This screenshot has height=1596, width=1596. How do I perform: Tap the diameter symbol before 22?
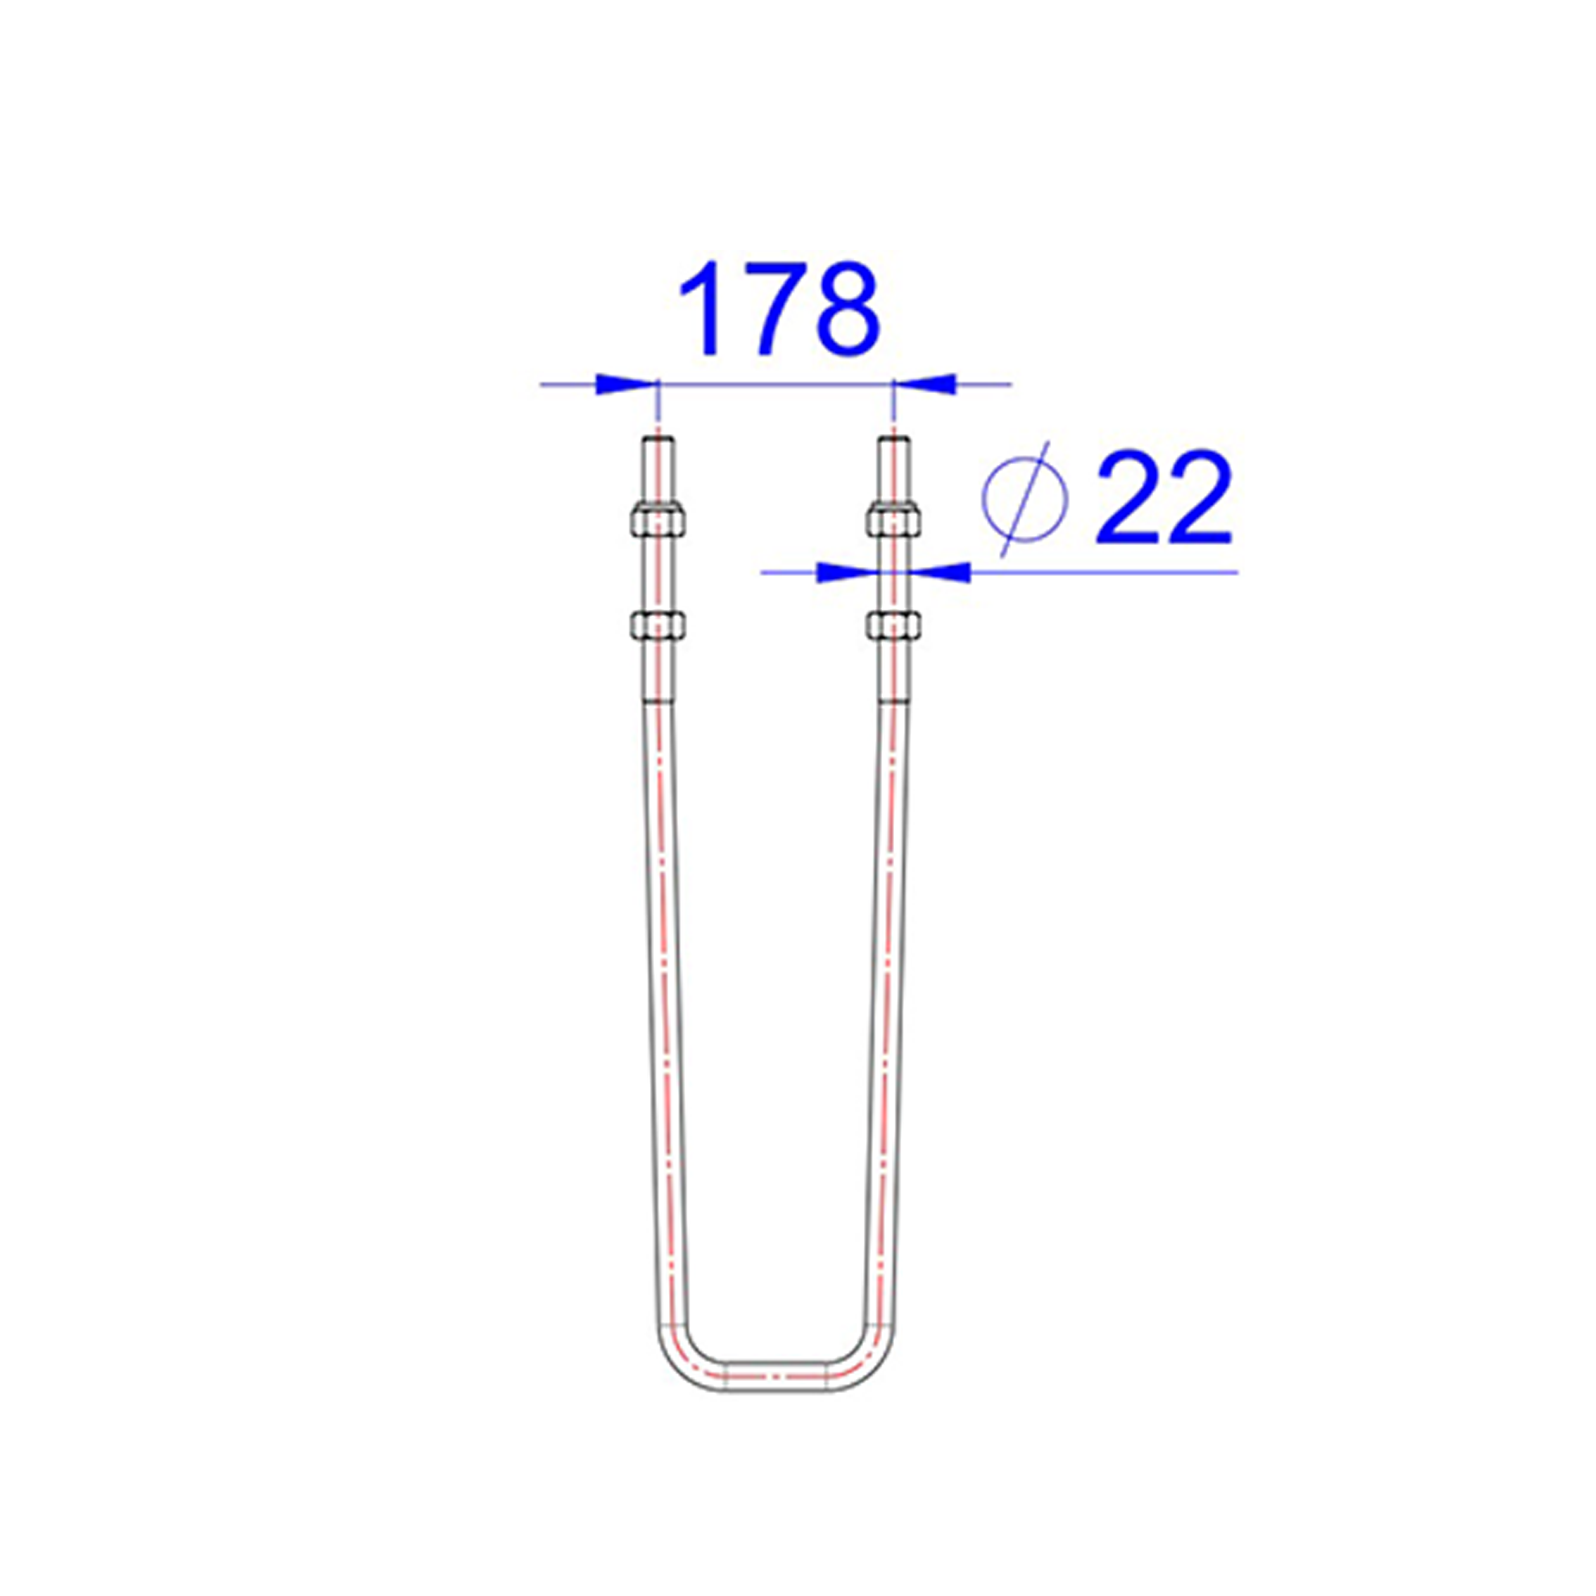[x=1024, y=499]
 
